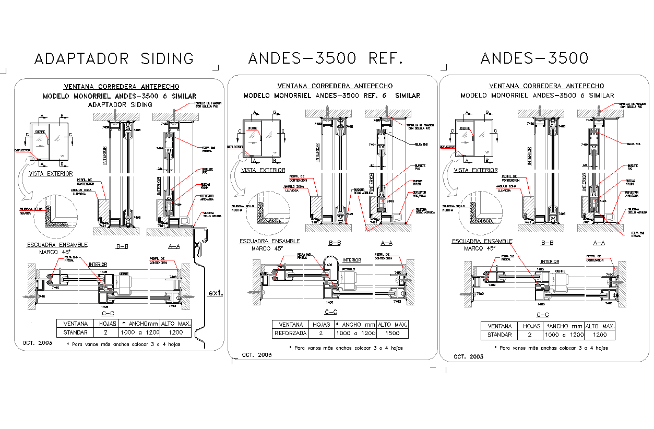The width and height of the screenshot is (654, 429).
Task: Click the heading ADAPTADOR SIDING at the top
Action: coord(114,58)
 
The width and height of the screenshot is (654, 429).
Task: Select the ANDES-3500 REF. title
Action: coord(326,58)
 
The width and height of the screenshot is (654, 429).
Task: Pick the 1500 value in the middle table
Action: coord(393,333)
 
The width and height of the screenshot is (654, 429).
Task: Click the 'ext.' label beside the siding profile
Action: coord(215,293)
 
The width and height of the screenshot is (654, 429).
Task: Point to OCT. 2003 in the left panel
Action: coord(37,344)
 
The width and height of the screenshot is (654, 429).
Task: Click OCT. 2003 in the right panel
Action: coord(468,356)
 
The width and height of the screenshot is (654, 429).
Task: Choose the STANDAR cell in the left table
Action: coord(75,332)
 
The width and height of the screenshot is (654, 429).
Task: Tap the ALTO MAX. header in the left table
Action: coord(176,324)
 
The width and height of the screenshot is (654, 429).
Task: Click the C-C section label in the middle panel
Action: coord(330,312)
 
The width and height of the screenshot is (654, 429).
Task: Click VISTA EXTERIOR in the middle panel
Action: coord(263,170)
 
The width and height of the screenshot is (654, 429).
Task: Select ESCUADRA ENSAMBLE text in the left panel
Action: coord(57,244)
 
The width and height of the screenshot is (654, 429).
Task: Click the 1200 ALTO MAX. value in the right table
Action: coord(600,335)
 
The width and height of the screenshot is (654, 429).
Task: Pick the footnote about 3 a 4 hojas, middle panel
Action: coord(346,348)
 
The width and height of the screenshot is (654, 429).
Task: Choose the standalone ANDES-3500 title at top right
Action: coord(534,58)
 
